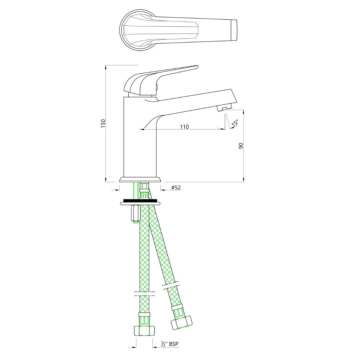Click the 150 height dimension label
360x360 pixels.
click(103, 124)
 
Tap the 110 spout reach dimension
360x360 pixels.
click(184, 127)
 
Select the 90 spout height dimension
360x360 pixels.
click(241, 146)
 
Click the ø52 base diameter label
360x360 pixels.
click(176, 188)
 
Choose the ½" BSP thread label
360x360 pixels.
click(169, 344)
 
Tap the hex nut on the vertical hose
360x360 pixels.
click(144, 330)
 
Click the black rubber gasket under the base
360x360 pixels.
click(140, 200)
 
